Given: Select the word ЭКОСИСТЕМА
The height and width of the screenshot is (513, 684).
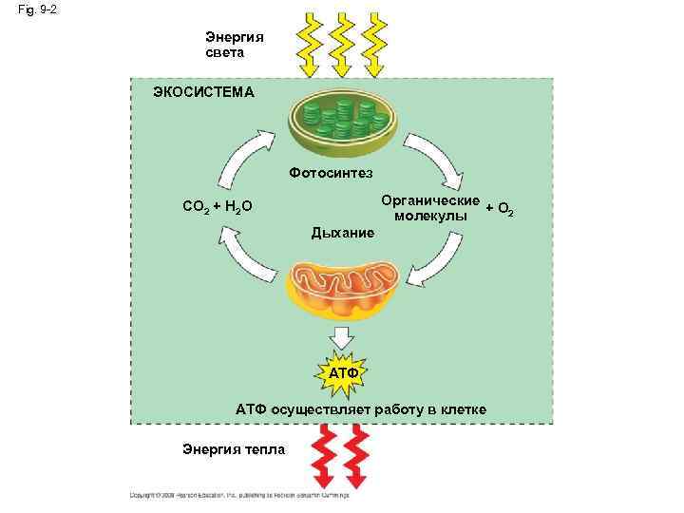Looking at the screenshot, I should pos(203,92).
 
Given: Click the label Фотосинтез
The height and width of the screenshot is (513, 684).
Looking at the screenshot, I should pos(332,173).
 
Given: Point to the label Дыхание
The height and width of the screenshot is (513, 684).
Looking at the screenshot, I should pos(343,233).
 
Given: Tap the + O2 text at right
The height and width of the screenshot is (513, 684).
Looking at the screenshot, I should pos(500,208).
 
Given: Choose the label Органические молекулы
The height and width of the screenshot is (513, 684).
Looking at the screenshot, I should pos(430,209).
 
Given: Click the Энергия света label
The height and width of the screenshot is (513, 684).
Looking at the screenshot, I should pos(235,45).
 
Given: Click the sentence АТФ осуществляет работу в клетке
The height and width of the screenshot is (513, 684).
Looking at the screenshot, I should pos(361,409).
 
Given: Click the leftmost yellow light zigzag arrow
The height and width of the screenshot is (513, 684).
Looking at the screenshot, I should pos(308,45).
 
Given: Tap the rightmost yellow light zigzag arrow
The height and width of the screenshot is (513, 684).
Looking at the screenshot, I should pos(373,45).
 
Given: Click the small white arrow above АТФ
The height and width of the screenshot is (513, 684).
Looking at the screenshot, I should pos(342,338).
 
